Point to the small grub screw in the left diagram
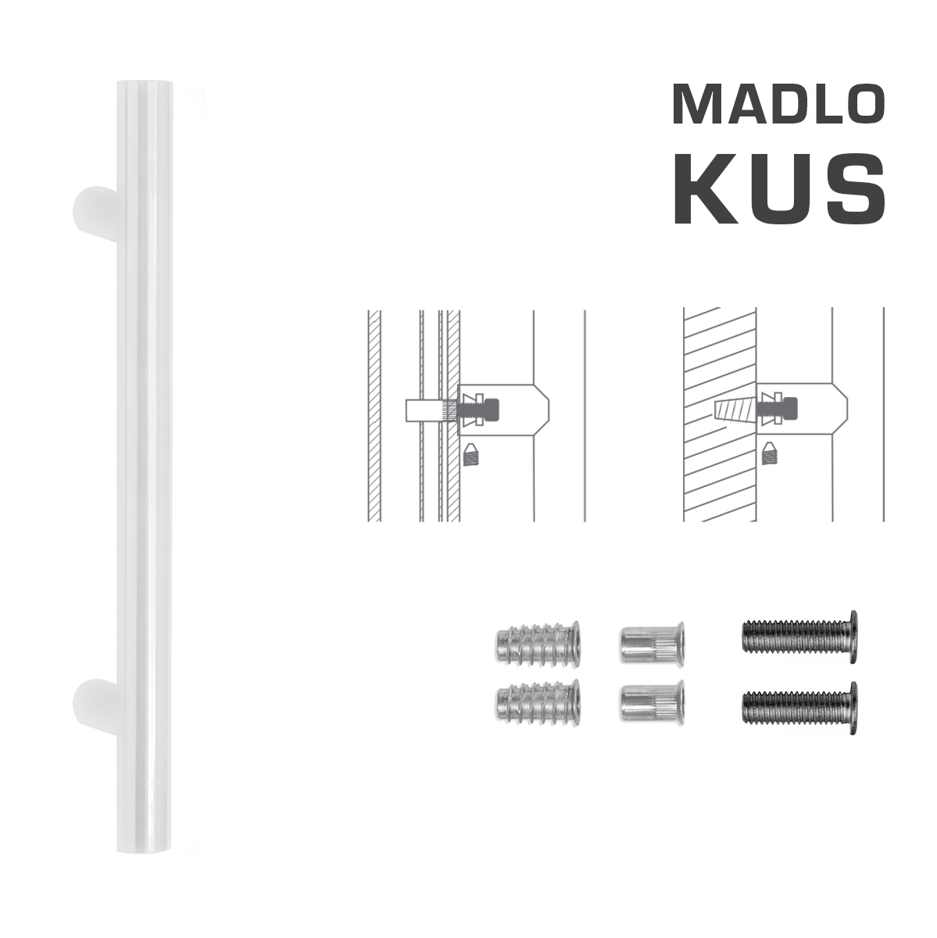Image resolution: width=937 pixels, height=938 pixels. [x=470, y=453]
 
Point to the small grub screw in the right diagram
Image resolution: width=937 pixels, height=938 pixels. [x=770, y=453]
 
